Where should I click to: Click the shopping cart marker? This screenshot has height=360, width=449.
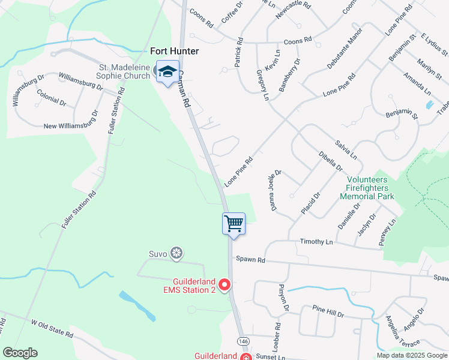click(x=234, y=224)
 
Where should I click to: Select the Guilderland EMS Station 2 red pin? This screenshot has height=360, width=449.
click(x=224, y=285)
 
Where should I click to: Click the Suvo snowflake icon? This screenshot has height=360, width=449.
click(x=176, y=253)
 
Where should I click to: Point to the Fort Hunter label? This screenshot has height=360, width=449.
click(x=174, y=52)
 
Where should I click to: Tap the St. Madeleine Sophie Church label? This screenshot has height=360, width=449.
click(x=125, y=71)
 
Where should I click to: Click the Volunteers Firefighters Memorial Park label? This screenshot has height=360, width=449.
click(x=367, y=188)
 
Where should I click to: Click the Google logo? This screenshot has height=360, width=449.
click(x=20, y=353)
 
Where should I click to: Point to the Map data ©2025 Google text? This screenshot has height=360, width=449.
click(x=411, y=355)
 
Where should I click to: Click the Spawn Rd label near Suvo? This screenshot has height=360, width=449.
click(x=250, y=260)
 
